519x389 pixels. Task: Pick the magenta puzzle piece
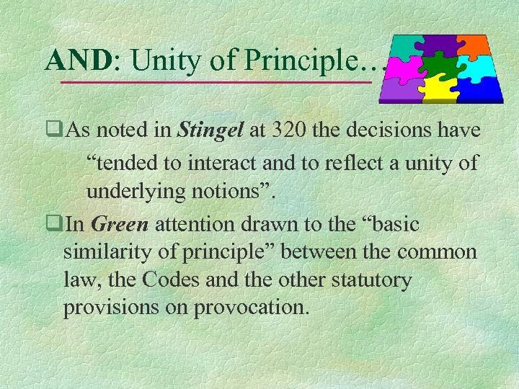(x=404, y=68)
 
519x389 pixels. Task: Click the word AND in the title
(x=77, y=61)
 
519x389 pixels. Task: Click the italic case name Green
(x=120, y=224)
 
